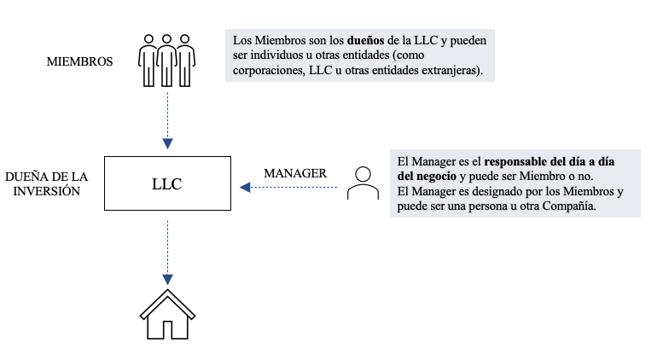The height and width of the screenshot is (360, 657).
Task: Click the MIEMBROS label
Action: click(81, 61)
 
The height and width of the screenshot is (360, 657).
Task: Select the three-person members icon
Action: click(167, 60)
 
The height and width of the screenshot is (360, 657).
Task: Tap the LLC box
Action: click(167, 183)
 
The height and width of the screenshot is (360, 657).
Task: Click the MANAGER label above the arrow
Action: click(294, 173)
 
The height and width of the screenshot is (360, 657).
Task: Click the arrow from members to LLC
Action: click(167, 119)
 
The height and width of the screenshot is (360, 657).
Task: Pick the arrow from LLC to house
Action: click(167, 252)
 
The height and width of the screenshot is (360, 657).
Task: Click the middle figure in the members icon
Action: click(167, 60)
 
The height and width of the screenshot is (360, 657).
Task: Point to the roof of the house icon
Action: click(167, 299)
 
